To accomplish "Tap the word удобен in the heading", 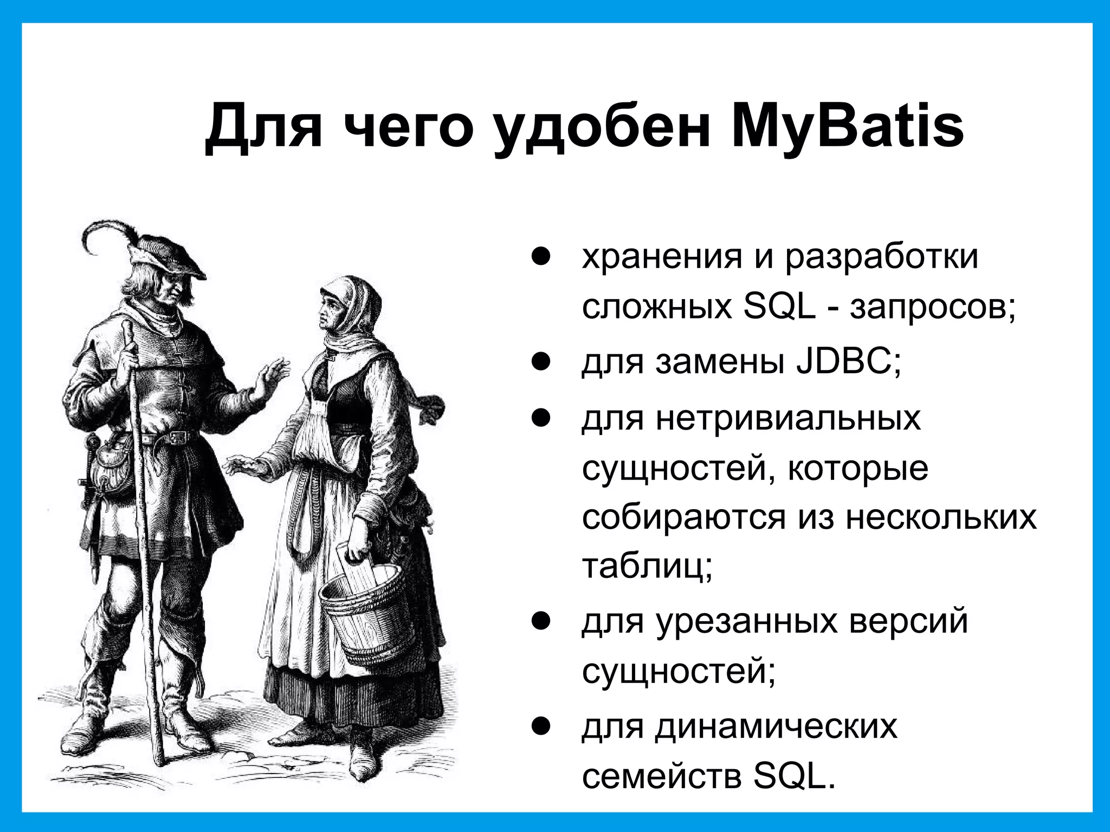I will (602, 130).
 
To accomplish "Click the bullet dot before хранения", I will (541, 257).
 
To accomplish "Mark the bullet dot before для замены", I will (541, 362).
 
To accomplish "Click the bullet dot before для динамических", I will (541, 726).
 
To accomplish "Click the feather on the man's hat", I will (106, 230).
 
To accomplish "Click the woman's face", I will (331, 311).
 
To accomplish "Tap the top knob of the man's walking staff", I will (127, 327).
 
